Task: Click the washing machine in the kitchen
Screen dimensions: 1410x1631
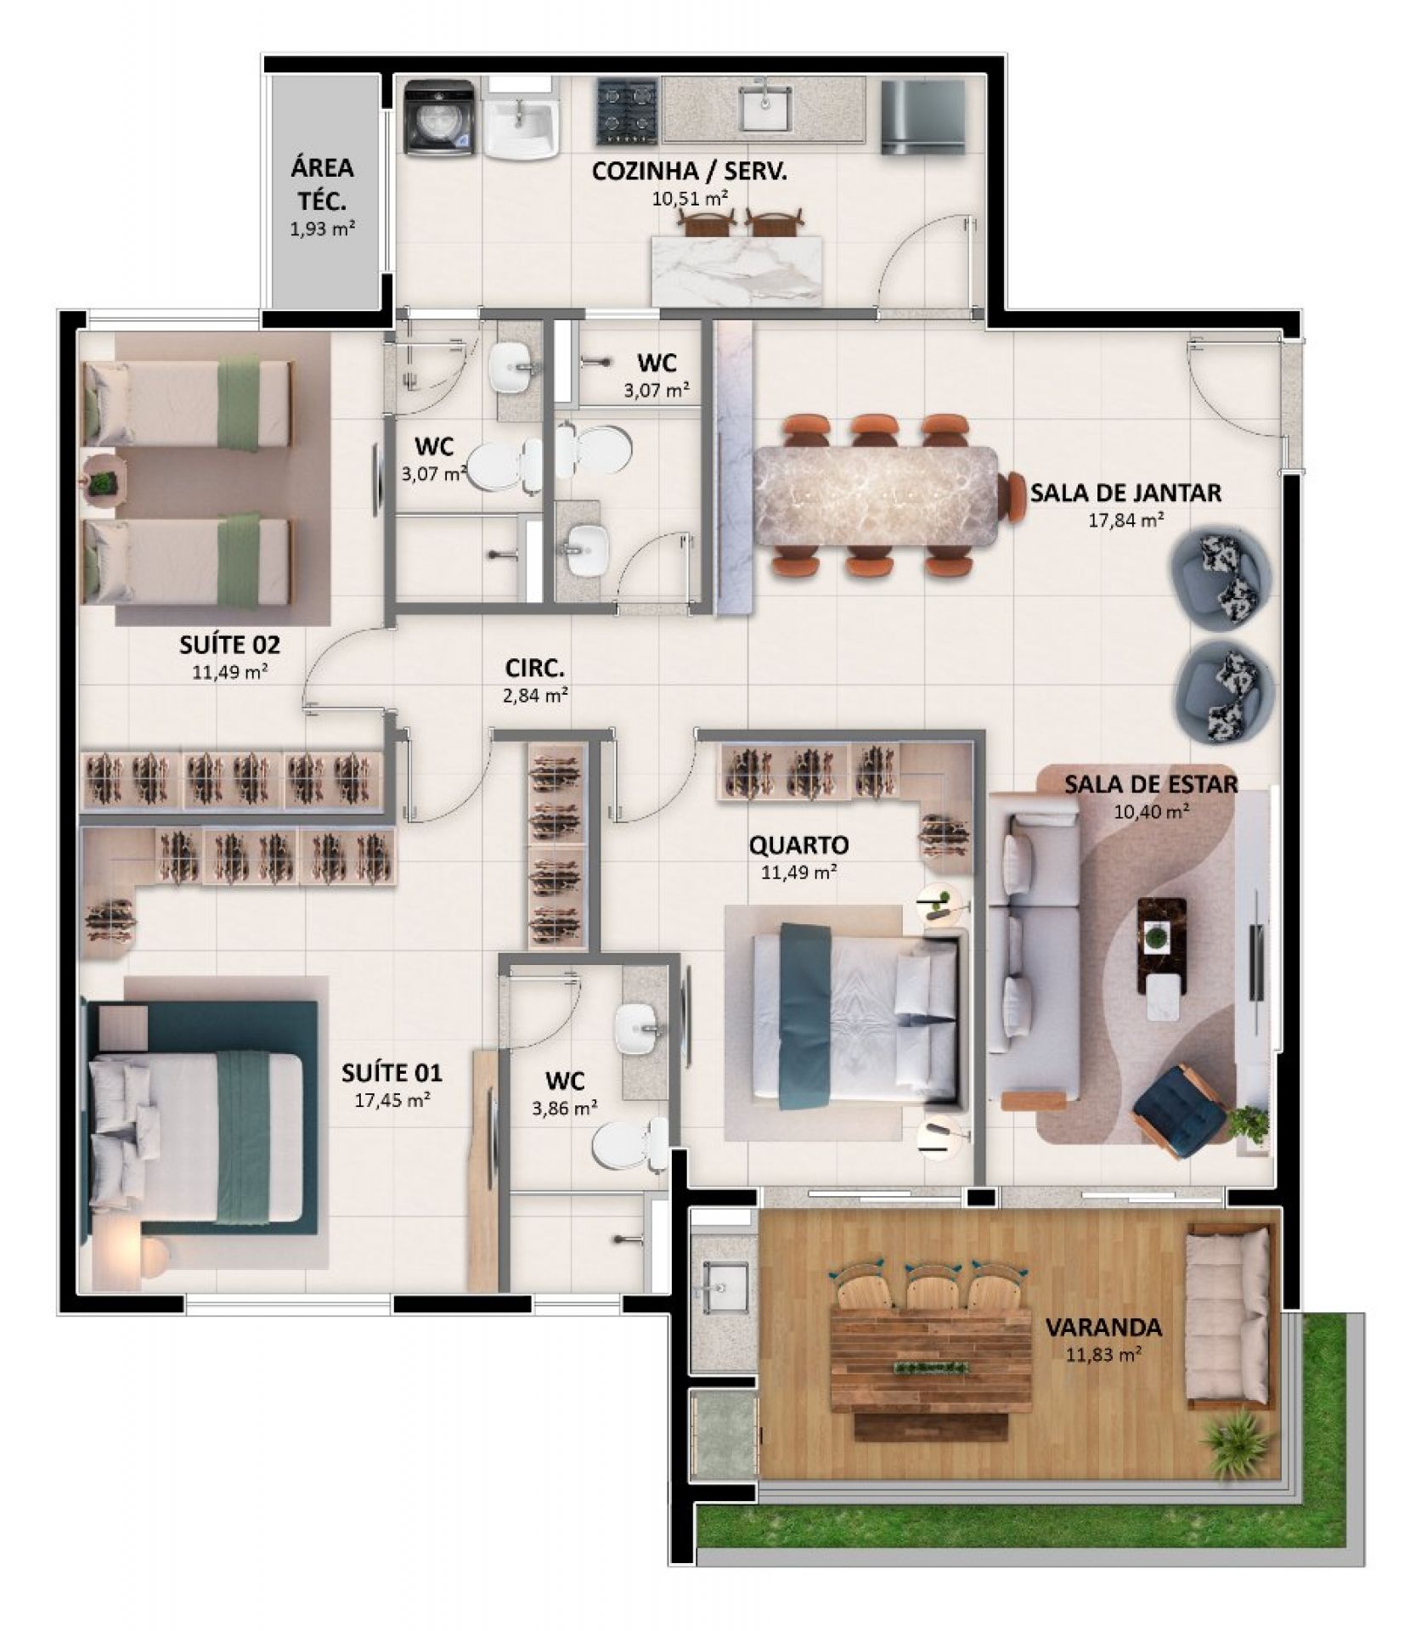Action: [438, 118]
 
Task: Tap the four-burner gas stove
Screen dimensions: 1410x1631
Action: [627, 111]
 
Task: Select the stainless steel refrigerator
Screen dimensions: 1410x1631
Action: [922, 117]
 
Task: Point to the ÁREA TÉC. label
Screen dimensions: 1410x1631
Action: [322, 184]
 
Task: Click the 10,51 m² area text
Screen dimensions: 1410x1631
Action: [688, 199]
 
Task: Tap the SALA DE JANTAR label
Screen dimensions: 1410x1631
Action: [1125, 493]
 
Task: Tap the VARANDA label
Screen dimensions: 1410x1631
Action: [1103, 1327]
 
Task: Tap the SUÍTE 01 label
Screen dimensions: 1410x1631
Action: [392, 1073]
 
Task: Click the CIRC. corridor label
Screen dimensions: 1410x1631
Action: [534, 669]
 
